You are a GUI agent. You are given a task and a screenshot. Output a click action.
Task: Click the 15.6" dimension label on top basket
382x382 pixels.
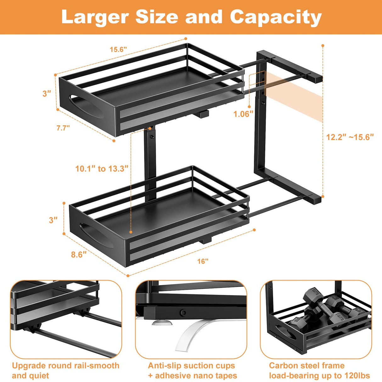(x=118, y=49)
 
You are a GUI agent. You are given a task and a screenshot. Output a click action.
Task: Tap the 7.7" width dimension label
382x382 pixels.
(x=63, y=128)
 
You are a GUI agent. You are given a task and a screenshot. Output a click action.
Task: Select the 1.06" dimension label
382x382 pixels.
(x=243, y=114)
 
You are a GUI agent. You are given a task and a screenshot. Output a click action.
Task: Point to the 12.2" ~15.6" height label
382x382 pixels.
(x=350, y=137)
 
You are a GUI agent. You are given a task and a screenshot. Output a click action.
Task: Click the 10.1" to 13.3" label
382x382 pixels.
(x=102, y=169)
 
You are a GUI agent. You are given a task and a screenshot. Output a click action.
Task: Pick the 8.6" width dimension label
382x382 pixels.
(x=79, y=254)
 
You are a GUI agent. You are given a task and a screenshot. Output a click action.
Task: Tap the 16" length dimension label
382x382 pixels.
(x=203, y=261)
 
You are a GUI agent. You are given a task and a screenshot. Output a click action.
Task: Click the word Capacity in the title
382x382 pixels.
(x=276, y=17)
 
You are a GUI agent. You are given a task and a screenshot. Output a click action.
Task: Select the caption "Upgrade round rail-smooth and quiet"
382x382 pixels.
(x=65, y=370)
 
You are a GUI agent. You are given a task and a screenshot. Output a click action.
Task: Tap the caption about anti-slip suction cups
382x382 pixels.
(x=192, y=370)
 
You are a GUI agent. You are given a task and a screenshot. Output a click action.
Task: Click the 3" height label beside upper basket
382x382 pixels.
(x=47, y=93)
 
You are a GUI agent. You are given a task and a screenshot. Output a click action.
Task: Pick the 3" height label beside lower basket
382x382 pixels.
(x=53, y=220)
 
